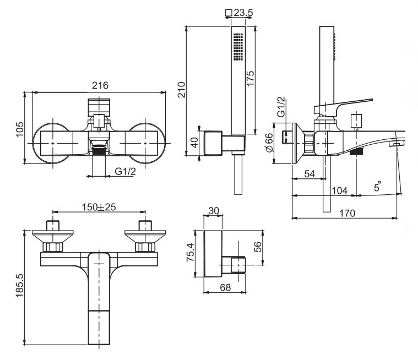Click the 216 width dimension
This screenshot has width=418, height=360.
[100, 85]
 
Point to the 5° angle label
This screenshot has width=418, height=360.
[378, 187]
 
